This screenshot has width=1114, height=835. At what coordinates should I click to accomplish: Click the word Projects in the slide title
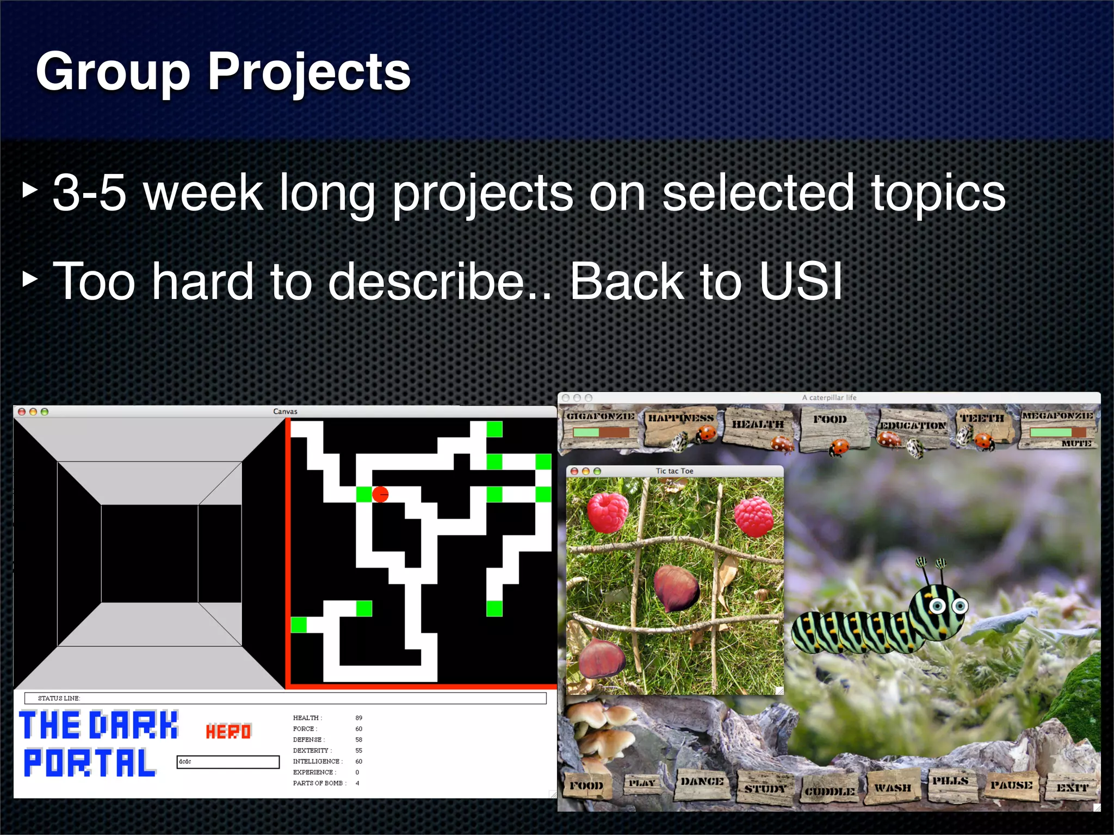pyautogui.click(x=309, y=72)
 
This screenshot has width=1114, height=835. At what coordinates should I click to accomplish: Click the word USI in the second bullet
pyautogui.click(x=801, y=281)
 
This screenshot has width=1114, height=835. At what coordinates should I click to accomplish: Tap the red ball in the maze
pyautogui.click(x=380, y=494)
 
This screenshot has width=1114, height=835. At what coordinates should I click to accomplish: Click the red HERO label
pyautogui.click(x=228, y=732)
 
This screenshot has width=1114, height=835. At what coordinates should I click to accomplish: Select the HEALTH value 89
pyautogui.click(x=358, y=718)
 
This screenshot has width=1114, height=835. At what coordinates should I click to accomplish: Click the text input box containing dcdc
pyautogui.click(x=228, y=762)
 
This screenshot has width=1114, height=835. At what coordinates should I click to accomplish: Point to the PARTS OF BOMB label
pyautogui.click(x=319, y=783)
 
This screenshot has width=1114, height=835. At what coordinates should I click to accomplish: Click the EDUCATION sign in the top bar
pyautogui.click(x=913, y=426)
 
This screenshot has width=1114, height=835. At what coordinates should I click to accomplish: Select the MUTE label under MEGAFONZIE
pyautogui.click(x=1076, y=444)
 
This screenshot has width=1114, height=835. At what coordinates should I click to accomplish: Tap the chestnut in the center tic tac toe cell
pyautogui.click(x=676, y=588)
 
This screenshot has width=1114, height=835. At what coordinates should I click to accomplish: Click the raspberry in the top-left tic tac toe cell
pyautogui.click(x=608, y=512)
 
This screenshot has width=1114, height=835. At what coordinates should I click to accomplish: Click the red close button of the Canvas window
pyautogui.click(x=22, y=412)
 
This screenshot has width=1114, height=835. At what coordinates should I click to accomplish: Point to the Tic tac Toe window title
pyautogui.click(x=674, y=471)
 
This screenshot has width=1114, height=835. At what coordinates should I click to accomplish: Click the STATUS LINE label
pyautogui.click(x=59, y=698)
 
